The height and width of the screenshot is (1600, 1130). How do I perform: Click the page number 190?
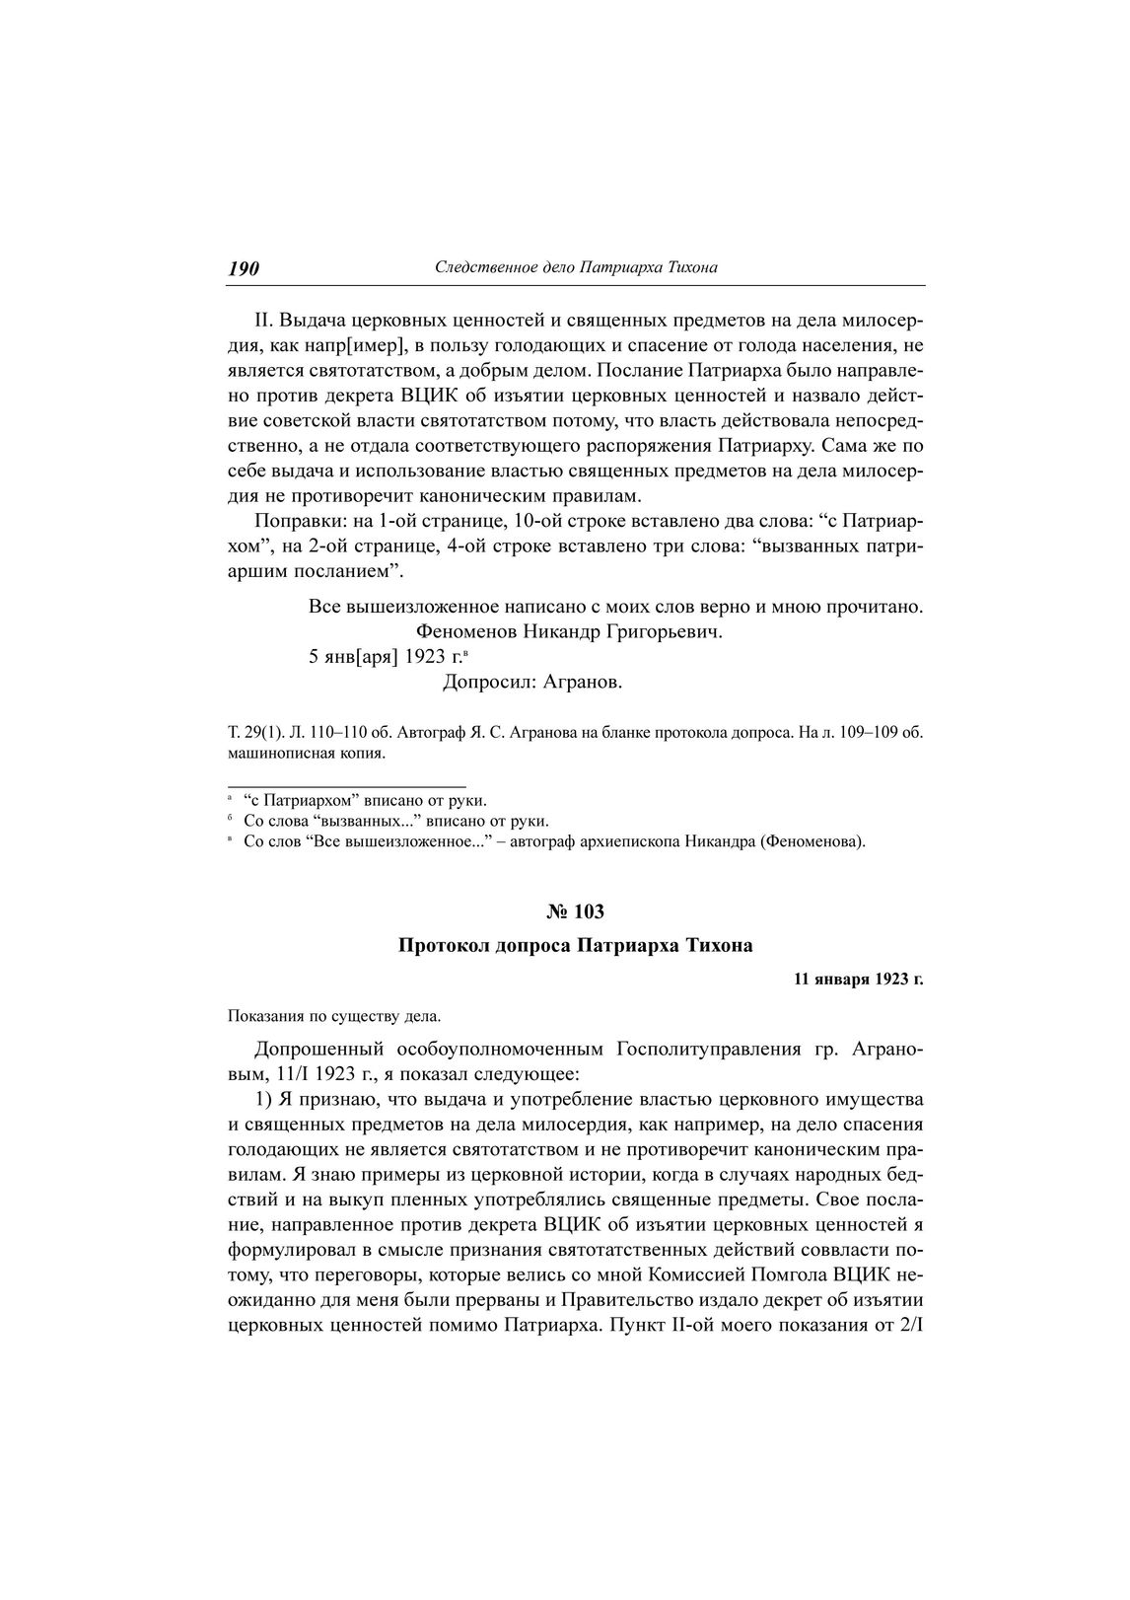244,268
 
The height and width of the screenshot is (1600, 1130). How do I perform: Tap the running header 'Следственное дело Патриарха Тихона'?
576,267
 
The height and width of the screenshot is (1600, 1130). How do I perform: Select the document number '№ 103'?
576,911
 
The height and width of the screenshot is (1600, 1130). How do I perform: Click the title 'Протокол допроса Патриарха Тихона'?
576,946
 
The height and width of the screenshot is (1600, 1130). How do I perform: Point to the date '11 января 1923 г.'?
858,981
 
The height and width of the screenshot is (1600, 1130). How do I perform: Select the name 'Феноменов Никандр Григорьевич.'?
570,630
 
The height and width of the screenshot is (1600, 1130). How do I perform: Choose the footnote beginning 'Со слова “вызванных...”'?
395,821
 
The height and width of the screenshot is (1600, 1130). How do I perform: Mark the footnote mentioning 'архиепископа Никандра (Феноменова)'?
553,841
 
